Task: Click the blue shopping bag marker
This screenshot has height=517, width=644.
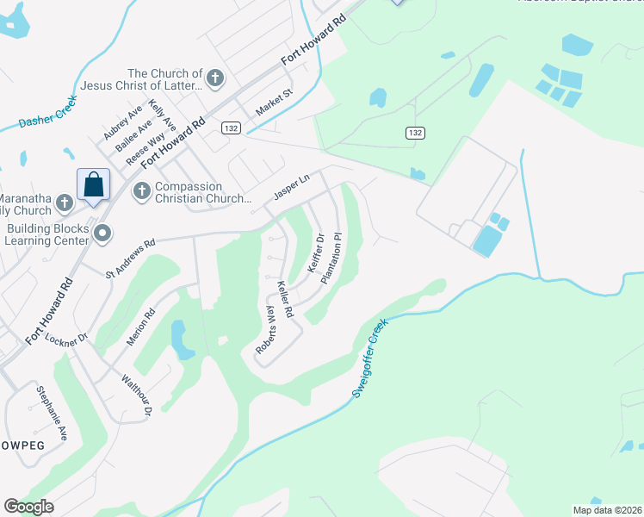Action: pos(93,184)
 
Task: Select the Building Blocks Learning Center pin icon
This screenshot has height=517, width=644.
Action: pos(103,233)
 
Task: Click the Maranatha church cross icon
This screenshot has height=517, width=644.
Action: pos(64,203)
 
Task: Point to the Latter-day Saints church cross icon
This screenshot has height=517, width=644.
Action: pos(215,78)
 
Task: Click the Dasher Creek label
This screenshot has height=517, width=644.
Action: pos(48,112)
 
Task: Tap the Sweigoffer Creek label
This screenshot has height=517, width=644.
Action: pos(371,358)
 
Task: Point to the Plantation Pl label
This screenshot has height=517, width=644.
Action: pos(332,258)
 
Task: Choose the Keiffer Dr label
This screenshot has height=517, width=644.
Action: pos(316,253)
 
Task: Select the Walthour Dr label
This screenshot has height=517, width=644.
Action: pos(136,396)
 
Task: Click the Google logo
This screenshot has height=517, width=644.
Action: pos(28,507)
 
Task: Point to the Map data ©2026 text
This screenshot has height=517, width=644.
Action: pos(607,510)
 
